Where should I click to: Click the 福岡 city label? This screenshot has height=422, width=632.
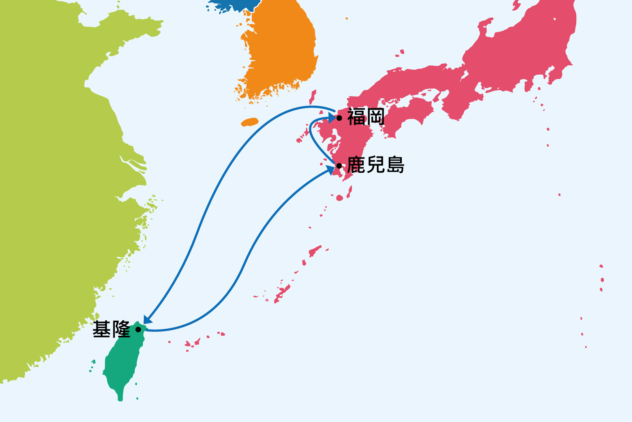(366, 117)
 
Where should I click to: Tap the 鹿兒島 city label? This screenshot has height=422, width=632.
(376, 165)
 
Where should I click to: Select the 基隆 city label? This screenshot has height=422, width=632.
(111, 329)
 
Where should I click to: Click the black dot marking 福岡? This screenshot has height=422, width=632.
(339, 118)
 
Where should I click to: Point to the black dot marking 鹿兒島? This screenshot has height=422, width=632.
(339, 166)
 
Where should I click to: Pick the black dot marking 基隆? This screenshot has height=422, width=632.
(138, 329)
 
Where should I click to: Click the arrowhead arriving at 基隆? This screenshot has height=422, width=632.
(147, 319)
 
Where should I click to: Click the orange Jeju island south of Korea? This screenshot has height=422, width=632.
(250, 122)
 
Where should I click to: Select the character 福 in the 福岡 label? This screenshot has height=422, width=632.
(356, 117)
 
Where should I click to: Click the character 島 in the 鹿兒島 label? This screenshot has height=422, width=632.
(395, 165)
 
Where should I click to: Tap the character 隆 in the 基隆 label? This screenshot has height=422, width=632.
(121, 329)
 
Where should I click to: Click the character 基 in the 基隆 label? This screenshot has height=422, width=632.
(102, 329)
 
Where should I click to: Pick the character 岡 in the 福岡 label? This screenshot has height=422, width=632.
(375, 117)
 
